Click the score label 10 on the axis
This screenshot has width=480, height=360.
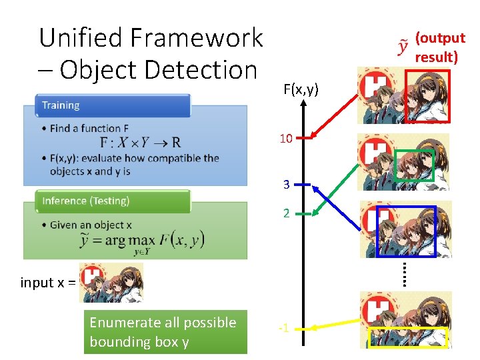(x=286, y=139)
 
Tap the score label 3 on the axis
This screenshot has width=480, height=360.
(x=286, y=185)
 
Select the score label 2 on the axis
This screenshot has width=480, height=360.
(x=286, y=214)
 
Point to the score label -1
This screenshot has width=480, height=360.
(x=283, y=328)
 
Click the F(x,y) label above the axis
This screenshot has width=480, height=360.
(x=300, y=89)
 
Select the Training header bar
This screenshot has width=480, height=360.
(x=113, y=105)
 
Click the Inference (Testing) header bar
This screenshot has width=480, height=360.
(x=113, y=201)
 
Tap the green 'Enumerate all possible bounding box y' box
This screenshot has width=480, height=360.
(x=165, y=332)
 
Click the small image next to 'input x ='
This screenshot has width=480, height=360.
(x=111, y=282)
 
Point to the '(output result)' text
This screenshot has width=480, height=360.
(x=439, y=47)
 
